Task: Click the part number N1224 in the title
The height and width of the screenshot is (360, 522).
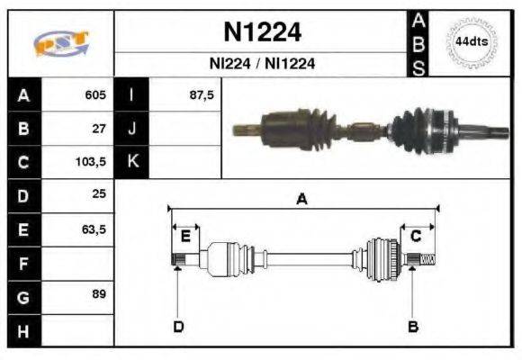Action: (262, 33)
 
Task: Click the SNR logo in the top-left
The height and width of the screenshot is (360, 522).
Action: (61, 42)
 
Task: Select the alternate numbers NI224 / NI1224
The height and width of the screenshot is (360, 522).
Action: (262, 65)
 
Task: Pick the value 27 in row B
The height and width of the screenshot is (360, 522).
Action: (99, 129)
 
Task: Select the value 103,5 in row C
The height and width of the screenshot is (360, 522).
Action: (92, 162)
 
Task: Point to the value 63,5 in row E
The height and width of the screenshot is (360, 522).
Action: (94, 229)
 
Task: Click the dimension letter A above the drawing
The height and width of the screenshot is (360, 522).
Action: (302, 200)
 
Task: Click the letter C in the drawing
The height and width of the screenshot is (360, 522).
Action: (416, 236)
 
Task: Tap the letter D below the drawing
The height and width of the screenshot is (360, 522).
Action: (178, 326)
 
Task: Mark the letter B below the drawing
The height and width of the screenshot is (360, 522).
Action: (413, 326)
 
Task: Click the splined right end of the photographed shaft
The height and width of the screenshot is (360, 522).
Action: (490, 136)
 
